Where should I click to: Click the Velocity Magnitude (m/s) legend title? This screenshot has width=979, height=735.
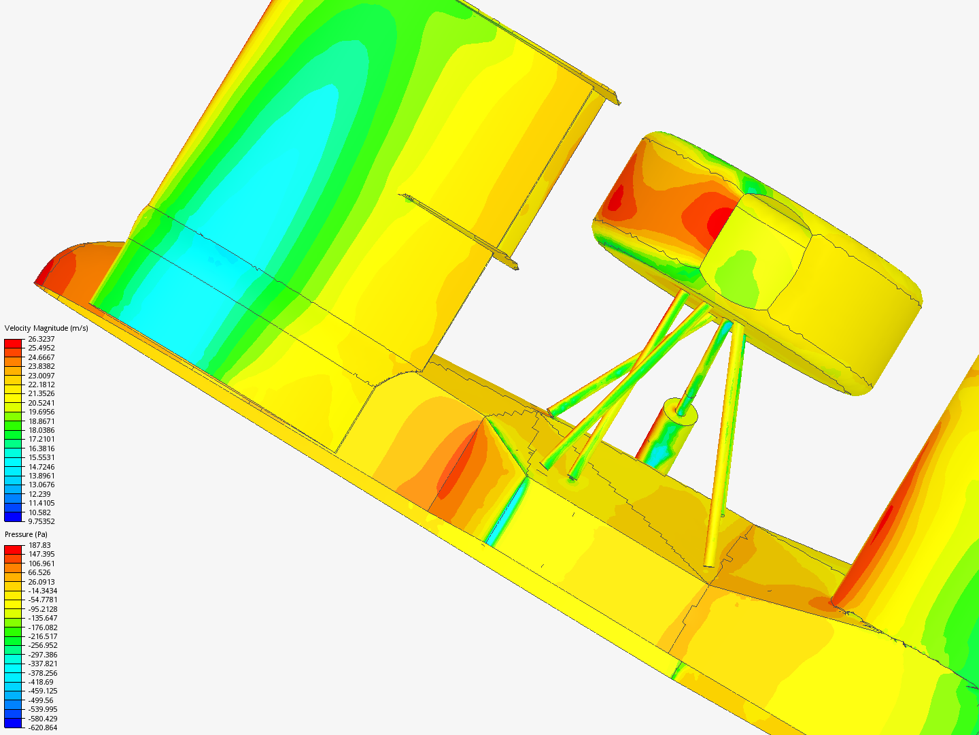[x=46, y=328]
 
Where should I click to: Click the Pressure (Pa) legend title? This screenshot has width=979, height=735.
[x=26, y=534]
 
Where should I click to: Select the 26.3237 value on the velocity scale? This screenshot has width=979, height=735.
[x=41, y=339]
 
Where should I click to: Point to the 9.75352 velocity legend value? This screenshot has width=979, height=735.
[x=41, y=521]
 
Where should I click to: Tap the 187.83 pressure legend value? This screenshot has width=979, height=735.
[x=39, y=545]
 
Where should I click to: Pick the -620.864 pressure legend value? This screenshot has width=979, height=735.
[x=43, y=728]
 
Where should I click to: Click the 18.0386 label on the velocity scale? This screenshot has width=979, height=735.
[x=41, y=430]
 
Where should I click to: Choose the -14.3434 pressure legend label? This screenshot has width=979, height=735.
[x=43, y=591]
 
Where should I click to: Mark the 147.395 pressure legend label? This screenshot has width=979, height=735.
[x=41, y=554]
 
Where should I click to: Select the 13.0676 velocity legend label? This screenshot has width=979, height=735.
[x=41, y=485]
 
